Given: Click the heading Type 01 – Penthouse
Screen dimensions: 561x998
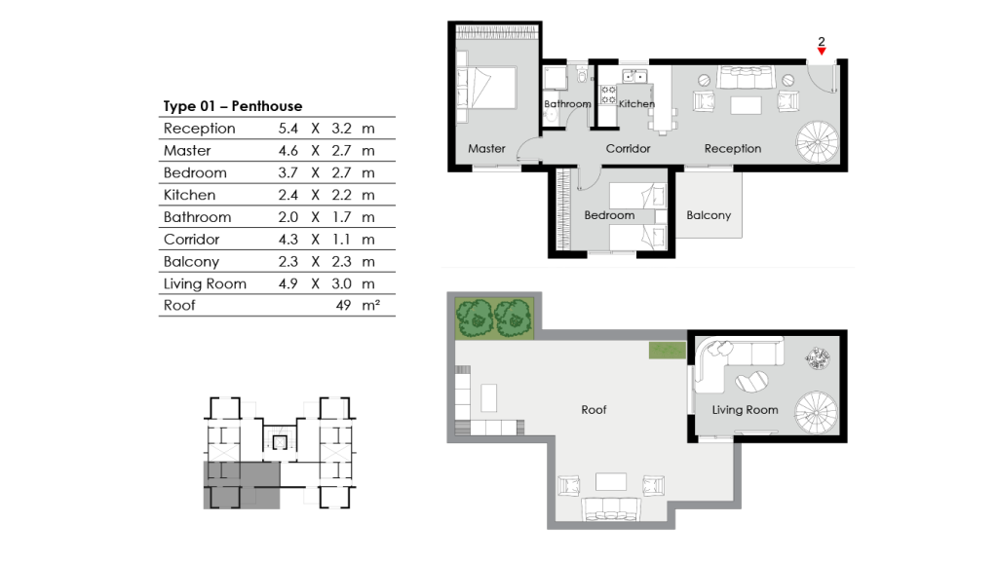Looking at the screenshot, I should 232,106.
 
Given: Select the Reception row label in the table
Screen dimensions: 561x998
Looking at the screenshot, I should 199,129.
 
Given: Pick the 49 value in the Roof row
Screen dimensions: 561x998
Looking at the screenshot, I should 344,306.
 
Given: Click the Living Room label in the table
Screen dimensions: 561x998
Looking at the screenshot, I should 205,284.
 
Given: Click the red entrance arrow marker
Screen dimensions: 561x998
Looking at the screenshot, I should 822,52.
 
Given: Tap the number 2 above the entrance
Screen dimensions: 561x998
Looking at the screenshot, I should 822,41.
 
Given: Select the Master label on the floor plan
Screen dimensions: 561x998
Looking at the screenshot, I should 486,149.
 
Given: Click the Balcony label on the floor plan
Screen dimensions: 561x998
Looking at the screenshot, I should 709,215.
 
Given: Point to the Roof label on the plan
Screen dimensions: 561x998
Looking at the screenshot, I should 594,410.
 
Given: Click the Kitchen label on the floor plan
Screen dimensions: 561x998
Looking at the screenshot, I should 636,104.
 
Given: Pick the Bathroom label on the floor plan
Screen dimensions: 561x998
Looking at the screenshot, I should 567,104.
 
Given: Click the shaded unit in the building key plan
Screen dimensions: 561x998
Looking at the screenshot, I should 240,485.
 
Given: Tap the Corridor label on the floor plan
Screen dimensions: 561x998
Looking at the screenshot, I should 628,149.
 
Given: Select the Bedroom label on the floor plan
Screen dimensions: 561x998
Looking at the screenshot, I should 609,215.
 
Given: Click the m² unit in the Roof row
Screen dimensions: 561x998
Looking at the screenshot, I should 370,306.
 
